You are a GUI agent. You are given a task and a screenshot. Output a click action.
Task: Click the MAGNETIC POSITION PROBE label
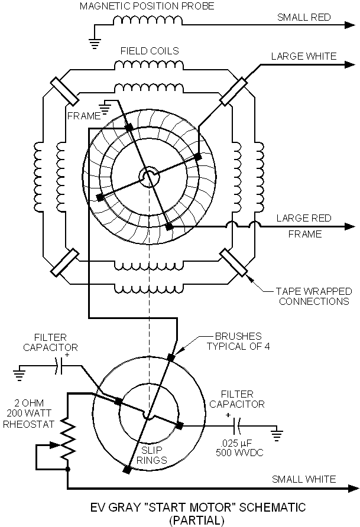[x=147, y=6]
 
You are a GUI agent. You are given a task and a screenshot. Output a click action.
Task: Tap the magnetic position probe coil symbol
[x=148, y=21]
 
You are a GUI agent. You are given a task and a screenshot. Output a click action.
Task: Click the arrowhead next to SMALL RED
[x=349, y=25]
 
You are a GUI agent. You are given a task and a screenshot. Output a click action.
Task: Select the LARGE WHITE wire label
[x=303, y=56]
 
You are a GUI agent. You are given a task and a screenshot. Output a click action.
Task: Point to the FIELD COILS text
[x=150, y=51]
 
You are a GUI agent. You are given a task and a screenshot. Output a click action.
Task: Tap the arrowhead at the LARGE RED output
[x=349, y=226]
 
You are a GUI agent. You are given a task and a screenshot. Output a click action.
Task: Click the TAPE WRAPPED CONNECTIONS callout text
[x=314, y=296]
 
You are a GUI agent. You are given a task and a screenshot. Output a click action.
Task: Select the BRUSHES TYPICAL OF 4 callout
[x=238, y=341]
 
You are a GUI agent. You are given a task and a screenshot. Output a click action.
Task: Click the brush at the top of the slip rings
[x=171, y=357]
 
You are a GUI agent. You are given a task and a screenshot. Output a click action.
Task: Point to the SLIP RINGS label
[x=152, y=455]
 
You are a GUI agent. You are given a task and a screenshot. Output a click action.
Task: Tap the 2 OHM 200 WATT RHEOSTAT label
[x=28, y=414]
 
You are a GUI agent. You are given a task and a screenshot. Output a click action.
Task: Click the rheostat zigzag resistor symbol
[x=67, y=438]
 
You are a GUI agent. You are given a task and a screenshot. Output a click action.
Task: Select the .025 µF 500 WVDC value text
[x=239, y=447]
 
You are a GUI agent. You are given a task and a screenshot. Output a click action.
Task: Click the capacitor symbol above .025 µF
[x=236, y=426]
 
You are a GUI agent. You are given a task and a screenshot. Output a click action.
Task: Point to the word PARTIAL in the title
[x=197, y=521]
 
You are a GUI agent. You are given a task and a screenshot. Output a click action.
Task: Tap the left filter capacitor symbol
[x=60, y=366]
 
